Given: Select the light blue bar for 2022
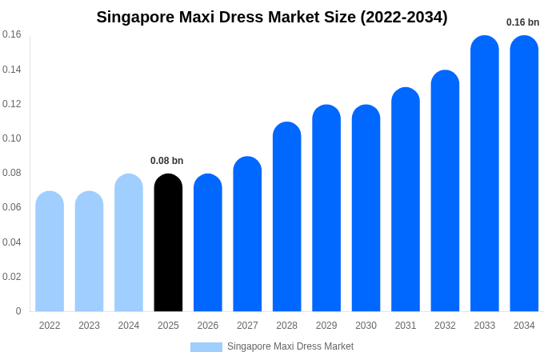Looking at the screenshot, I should pyautogui.click(x=50, y=251).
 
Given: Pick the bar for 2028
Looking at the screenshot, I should pyautogui.click(x=286, y=217).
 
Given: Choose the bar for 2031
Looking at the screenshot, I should pyautogui.click(x=406, y=199).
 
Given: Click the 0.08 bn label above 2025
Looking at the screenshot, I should pyautogui.click(x=167, y=161).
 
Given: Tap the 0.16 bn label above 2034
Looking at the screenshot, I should pyautogui.click(x=523, y=22).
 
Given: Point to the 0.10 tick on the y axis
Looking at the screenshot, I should pyautogui.click(x=12, y=138).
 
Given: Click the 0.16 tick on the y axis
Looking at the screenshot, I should pyautogui.click(x=12, y=34).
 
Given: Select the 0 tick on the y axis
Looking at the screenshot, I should pyautogui.click(x=18, y=311).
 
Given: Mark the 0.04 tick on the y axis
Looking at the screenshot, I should pyautogui.click(x=12, y=242).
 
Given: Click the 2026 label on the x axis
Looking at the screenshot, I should pyautogui.click(x=208, y=326).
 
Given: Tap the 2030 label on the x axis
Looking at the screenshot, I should pyautogui.click(x=366, y=326).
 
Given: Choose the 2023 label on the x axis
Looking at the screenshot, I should pyautogui.click(x=89, y=326).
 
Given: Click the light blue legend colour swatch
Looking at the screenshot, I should pyautogui.click(x=206, y=347).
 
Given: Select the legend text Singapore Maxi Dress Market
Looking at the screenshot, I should pyautogui.click(x=290, y=346).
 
